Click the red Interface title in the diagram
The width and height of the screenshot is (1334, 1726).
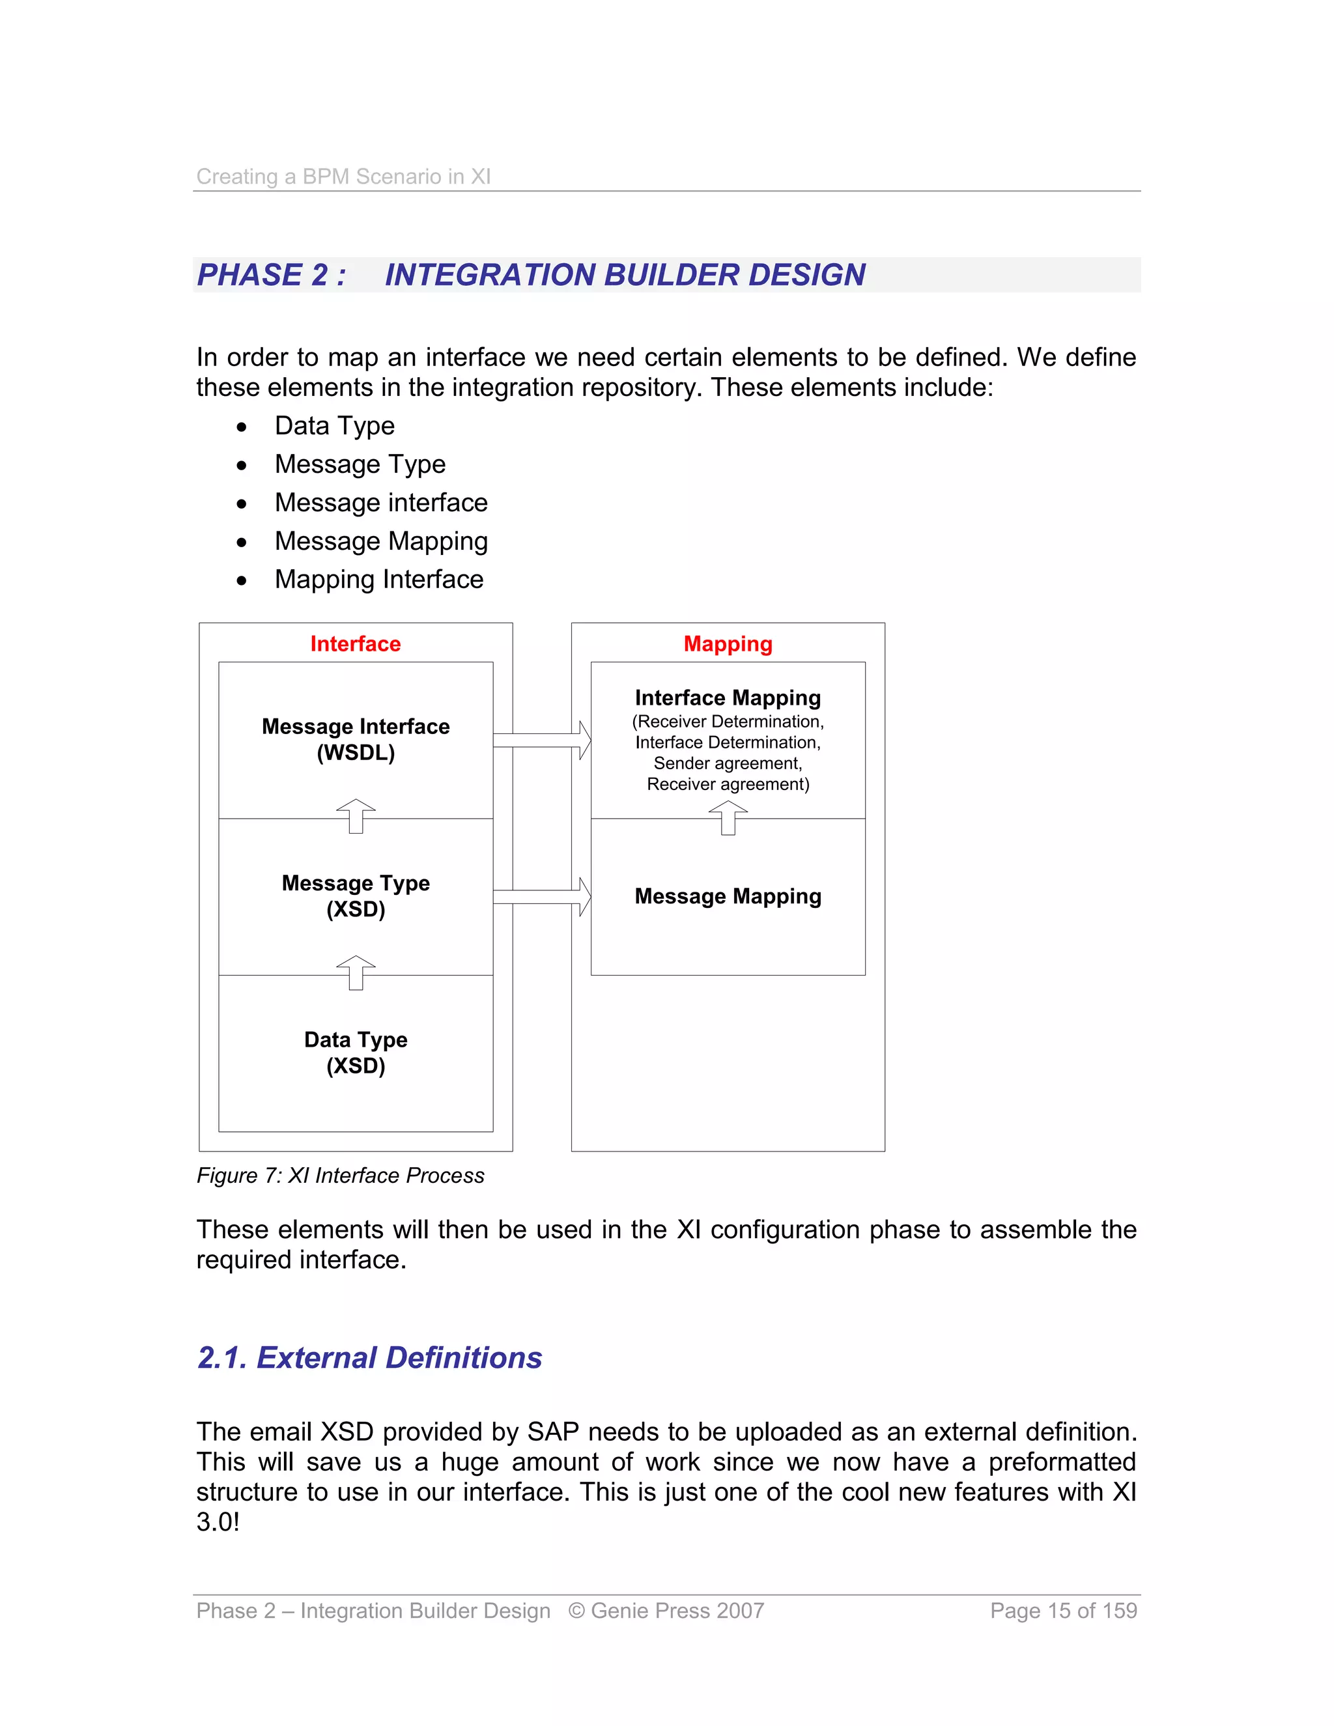tap(355, 644)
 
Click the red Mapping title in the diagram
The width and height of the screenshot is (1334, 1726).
tap(727, 644)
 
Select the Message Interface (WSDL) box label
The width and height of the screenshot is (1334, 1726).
tap(356, 739)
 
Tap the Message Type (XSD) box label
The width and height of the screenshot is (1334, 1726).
tap(356, 896)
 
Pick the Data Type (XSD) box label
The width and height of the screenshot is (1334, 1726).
tap(356, 1052)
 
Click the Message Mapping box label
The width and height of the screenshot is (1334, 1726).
tap(727, 896)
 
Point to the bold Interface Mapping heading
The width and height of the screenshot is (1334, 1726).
tap(727, 698)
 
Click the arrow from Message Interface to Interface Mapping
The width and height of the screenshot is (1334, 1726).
tap(542, 741)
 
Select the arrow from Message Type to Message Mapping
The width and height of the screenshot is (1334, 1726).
tap(542, 897)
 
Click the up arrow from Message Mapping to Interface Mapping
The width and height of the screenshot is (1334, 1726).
tap(728, 817)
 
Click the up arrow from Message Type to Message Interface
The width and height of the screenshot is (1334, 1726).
tap(356, 816)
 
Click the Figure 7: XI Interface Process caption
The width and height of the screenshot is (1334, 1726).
tap(340, 1176)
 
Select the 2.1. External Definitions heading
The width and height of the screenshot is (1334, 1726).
tap(369, 1358)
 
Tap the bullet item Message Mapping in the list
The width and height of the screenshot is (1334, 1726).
tap(381, 541)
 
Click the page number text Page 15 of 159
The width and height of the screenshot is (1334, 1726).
tap(1063, 1611)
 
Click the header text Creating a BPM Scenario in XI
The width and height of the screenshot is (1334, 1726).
tap(343, 177)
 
